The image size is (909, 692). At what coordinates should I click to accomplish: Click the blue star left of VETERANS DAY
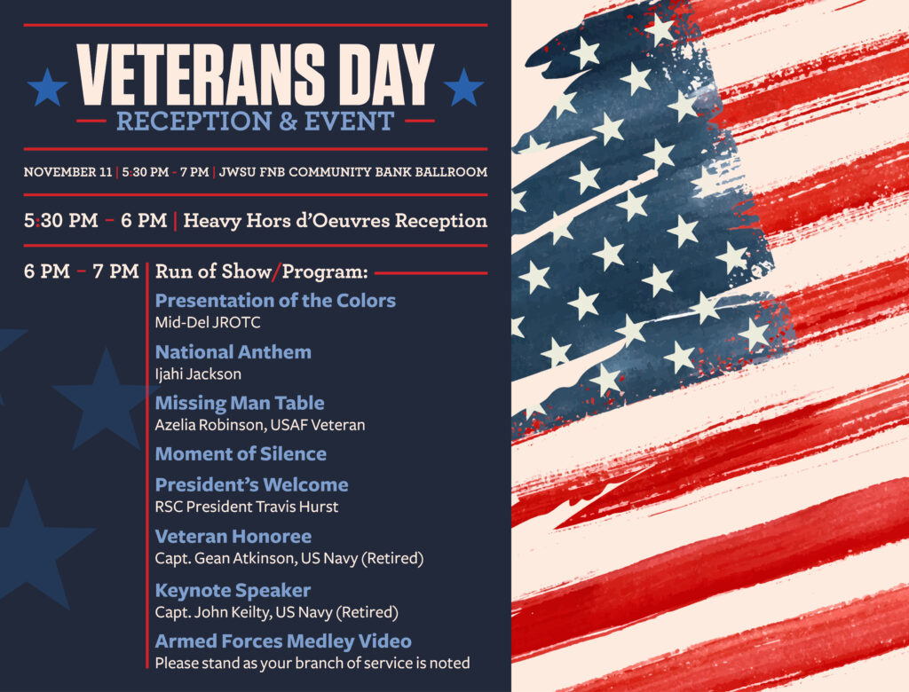(47, 88)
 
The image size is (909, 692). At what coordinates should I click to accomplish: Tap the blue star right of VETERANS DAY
(462, 88)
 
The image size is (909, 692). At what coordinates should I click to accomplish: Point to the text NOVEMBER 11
(67, 171)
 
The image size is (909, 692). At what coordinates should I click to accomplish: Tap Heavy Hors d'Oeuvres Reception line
(335, 220)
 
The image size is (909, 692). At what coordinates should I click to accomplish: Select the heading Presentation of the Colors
(275, 300)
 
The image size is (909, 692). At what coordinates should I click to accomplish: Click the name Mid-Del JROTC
(208, 322)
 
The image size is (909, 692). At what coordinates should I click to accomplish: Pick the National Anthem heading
(233, 351)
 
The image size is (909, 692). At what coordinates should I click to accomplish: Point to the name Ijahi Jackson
(198, 374)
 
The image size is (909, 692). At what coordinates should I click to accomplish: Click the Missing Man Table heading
(239, 403)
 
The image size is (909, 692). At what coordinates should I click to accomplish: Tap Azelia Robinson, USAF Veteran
(259, 425)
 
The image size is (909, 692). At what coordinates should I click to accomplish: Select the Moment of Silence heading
(241, 453)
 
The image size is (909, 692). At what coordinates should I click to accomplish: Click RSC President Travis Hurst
(246, 507)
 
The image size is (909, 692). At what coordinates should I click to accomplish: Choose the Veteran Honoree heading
(233, 536)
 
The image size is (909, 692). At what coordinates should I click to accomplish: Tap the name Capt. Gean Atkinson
(231, 559)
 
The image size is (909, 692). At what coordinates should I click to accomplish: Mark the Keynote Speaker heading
(233, 590)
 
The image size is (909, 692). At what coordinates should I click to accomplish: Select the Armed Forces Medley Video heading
(283, 641)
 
